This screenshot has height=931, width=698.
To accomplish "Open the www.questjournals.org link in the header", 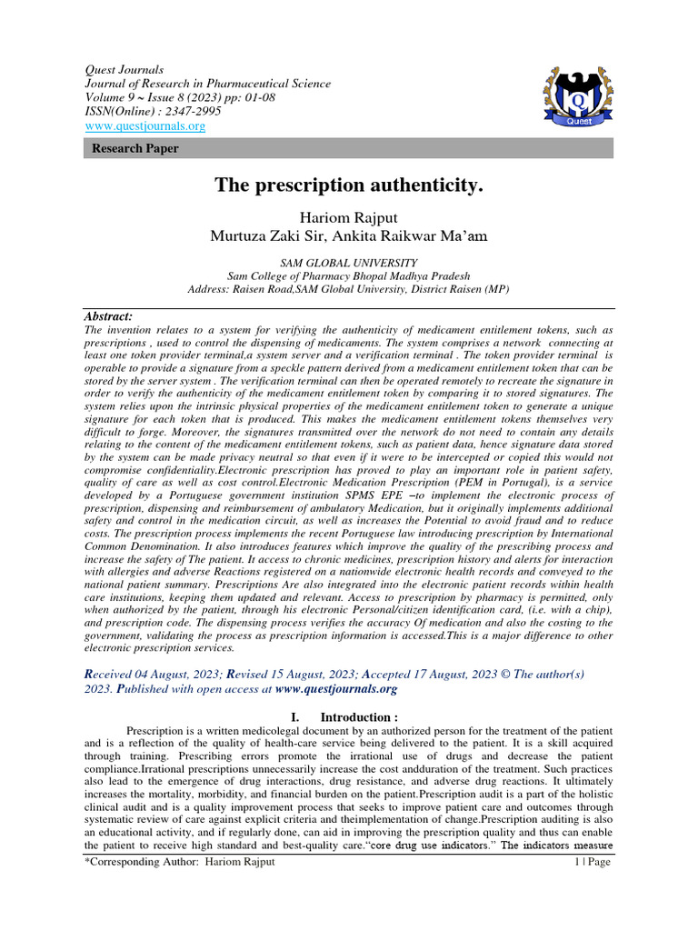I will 145,126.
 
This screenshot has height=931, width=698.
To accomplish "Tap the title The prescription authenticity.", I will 349,185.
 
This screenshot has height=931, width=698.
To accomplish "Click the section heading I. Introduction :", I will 349,716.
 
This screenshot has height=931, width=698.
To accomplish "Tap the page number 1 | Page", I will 593,861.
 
